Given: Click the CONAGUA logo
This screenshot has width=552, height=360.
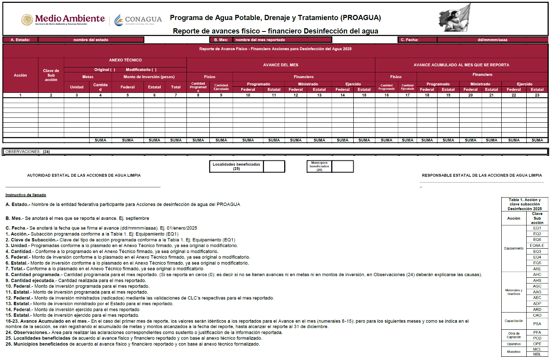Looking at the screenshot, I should pos(138,20).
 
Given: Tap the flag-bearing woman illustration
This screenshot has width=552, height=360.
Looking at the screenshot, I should pos(455,18).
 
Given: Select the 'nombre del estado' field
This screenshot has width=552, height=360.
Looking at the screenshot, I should pos(91,40).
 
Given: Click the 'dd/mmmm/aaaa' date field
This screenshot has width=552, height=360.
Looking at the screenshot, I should pos(492,40).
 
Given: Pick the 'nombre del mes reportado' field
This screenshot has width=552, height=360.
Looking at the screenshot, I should pos(282,40).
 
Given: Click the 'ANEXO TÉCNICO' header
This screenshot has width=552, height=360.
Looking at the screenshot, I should pos(125,60).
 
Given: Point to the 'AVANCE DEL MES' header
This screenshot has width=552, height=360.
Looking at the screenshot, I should pos(280,65).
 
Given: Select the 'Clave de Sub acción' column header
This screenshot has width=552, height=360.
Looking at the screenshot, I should pos(51,75).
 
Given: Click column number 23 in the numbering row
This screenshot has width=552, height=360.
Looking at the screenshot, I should pos(537,95).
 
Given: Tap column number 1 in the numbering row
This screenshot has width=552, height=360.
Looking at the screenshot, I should pos(20,95).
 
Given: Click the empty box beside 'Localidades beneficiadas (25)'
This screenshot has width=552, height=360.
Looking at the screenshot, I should pos(274,166).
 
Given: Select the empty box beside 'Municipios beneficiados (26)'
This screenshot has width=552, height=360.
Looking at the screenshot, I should pos(342,166).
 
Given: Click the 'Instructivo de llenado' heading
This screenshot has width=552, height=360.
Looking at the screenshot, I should pos(26,195).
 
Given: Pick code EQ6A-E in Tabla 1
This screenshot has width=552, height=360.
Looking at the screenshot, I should pos(537,245).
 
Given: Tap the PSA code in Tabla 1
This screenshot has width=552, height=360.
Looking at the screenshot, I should pos(537,324).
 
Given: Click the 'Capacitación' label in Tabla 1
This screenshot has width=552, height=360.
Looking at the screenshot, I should pos(514,321).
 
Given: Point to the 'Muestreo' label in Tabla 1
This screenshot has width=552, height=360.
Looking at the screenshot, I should pos(514,351).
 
